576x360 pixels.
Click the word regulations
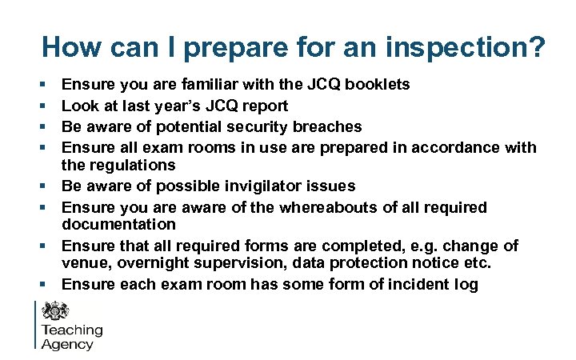pyautogui.click(x=130, y=166)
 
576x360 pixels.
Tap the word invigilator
pyautogui.click(x=264, y=186)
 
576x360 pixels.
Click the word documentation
pyautogui.click(x=118, y=225)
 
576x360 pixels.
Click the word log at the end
pyautogui.click(x=466, y=285)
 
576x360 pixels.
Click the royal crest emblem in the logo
pyautogui.click(x=56, y=310)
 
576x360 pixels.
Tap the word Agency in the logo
pyautogui.click(x=67, y=345)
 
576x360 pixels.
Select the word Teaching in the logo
pyautogui.click(x=72, y=330)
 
